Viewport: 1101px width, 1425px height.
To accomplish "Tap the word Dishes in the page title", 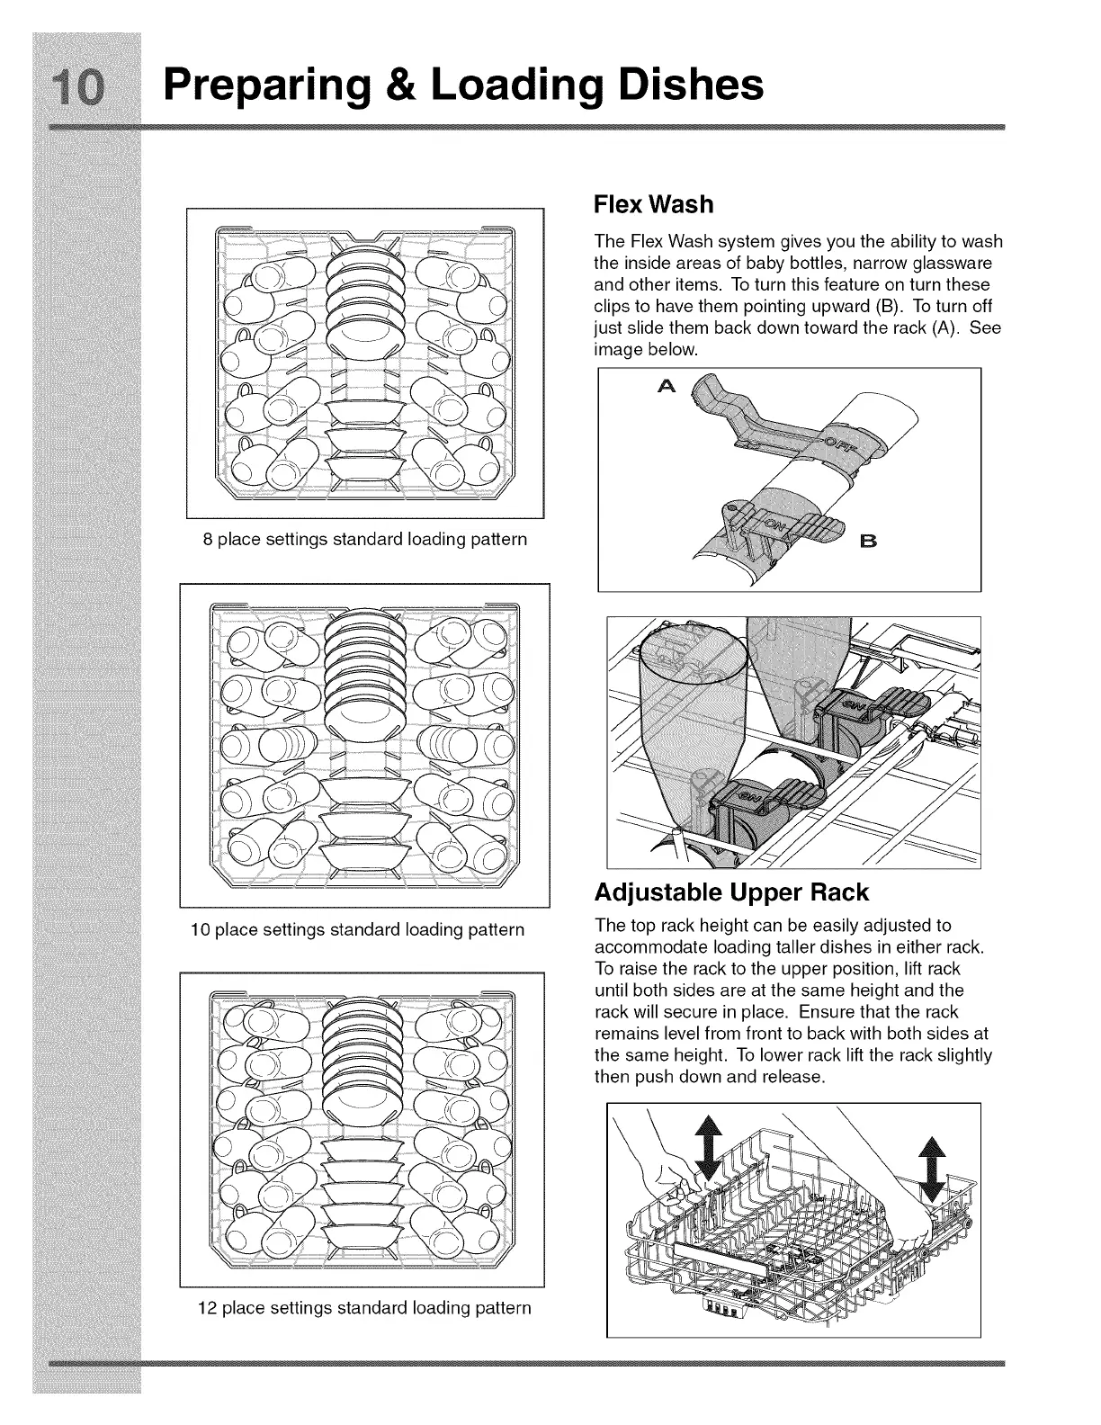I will pyautogui.click(x=684, y=85).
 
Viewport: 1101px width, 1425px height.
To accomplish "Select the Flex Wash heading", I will pyautogui.click(x=653, y=205).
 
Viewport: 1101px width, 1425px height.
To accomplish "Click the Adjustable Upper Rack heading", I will pyautogui.click(x=731, y=892).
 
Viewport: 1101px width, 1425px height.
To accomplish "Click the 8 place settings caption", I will pyautogui.click(x=364, y=540).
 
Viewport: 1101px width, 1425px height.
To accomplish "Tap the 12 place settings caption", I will pyautogui.click(x=364, y=1307).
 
